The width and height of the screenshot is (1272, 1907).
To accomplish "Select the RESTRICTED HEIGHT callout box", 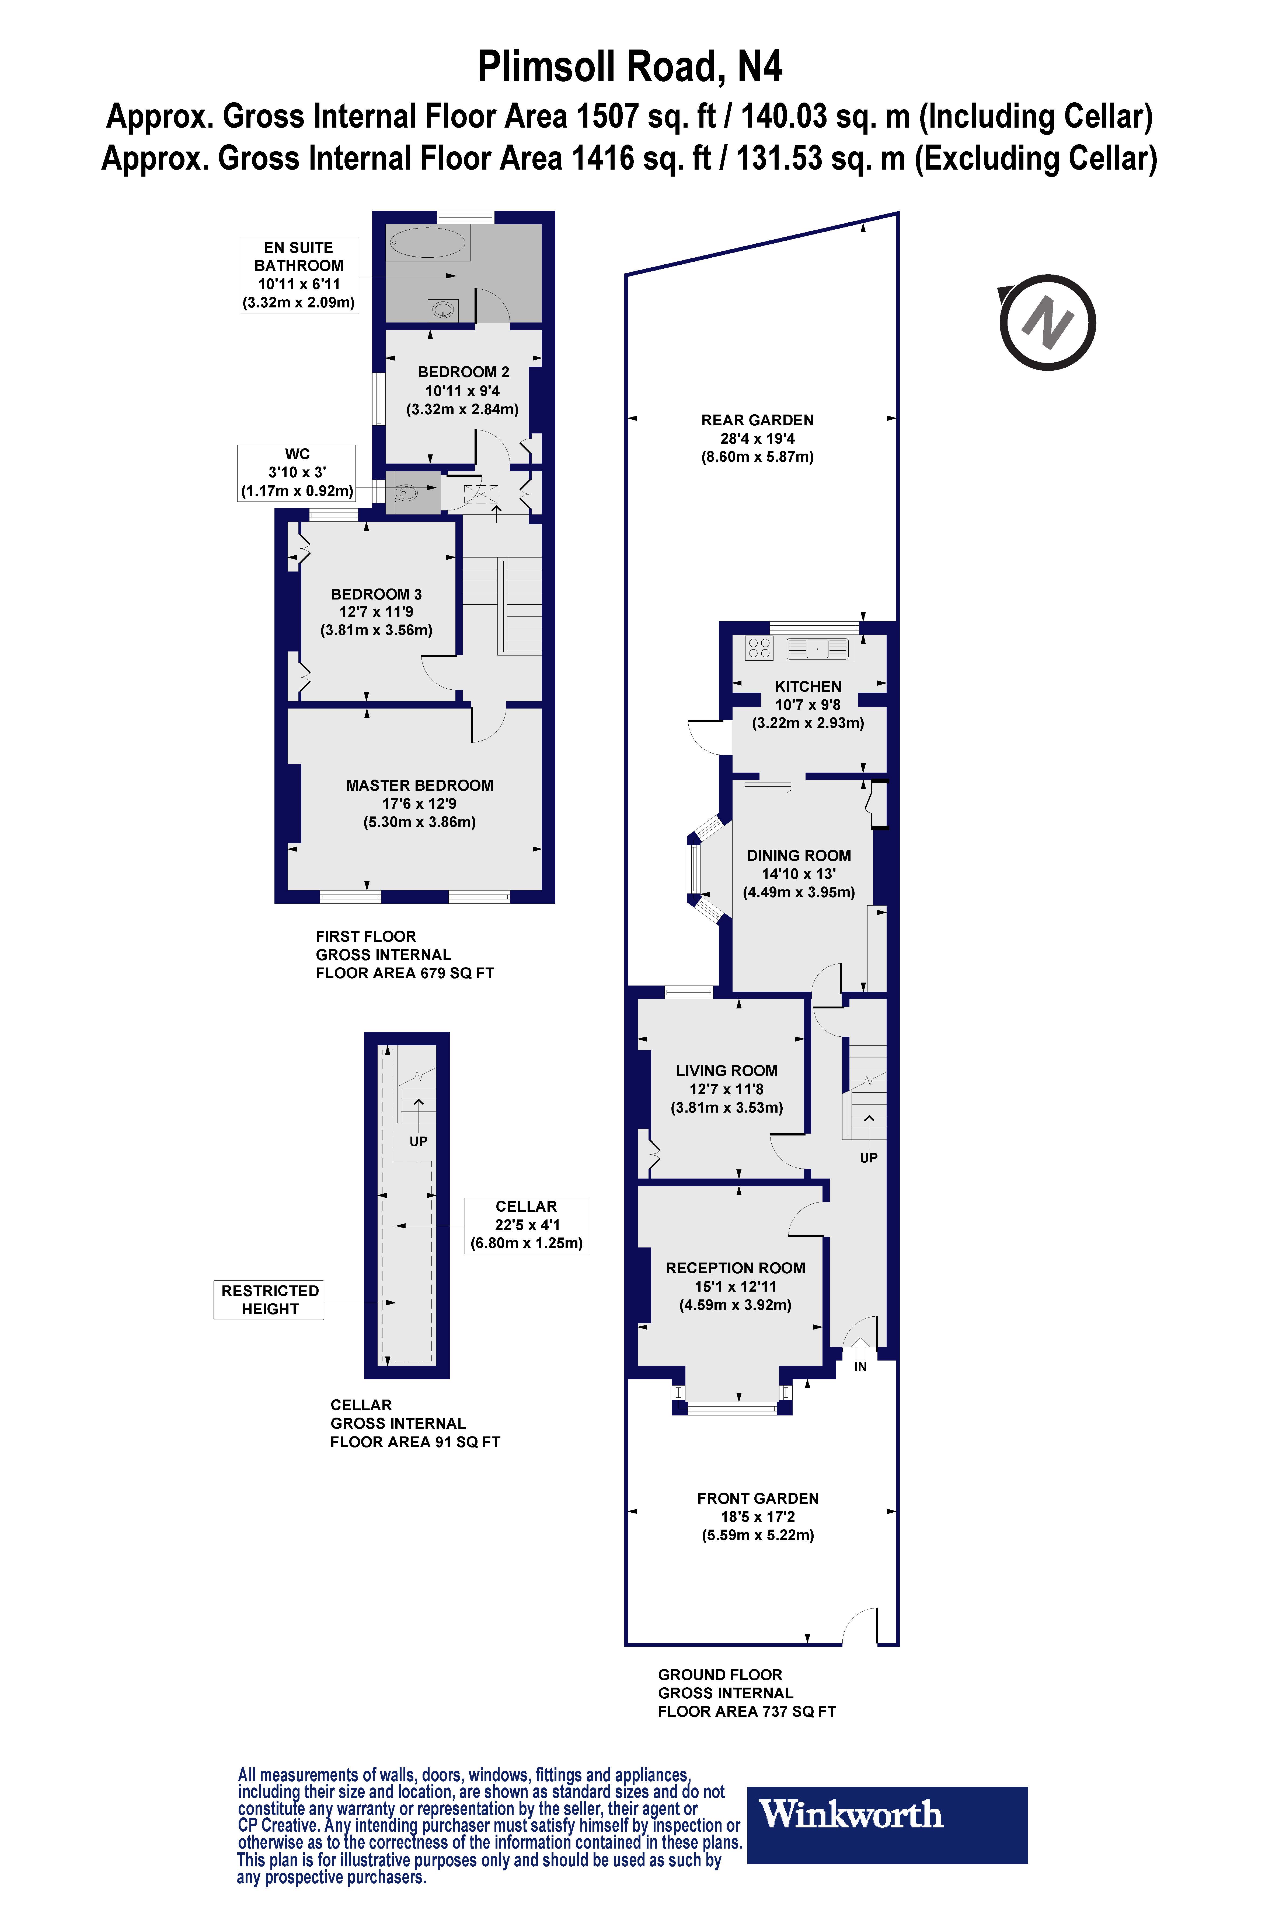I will pyautogui.click(x=269, y=1300).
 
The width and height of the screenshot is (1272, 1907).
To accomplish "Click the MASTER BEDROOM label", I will pyautogui.click(x=419, y=785).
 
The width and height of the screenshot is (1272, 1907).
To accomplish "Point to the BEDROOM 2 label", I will pyautogui.click(x=463, y=371).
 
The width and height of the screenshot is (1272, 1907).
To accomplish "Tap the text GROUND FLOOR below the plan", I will pyautogui.click(x=720, y=1674).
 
